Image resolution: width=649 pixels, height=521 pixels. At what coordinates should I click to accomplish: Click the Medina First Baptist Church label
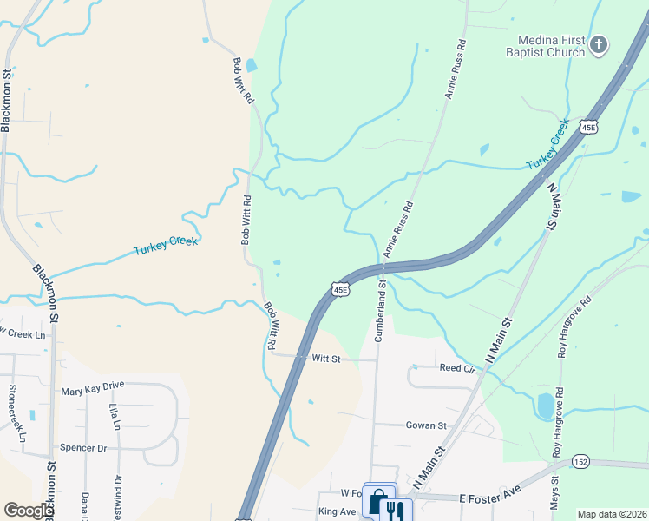click(x=551, y=46)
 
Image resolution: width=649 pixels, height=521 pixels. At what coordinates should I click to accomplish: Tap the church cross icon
click(x=600, y=45)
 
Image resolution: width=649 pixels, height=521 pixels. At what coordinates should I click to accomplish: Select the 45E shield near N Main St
click(x=589, y=127)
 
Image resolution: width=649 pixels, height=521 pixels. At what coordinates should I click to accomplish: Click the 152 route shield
click(x=581, y=462)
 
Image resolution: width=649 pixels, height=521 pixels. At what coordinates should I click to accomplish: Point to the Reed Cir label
click(x=458, y=368)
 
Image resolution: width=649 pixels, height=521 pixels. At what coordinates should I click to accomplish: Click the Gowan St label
click(x=426, y=425)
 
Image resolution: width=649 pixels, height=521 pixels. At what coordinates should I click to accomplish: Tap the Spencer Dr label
click(x=82, y=448)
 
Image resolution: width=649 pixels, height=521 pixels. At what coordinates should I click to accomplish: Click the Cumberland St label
click(x=379, y=310)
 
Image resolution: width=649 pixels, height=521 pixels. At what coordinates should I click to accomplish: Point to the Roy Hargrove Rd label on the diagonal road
click(x=574, y=327)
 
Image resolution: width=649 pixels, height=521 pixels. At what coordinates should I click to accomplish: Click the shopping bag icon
click(x=378, y=501)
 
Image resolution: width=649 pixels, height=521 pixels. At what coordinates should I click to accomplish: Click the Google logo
click(x=29, y=511)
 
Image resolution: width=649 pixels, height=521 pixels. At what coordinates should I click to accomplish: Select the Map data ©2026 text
click(x=611, y=514)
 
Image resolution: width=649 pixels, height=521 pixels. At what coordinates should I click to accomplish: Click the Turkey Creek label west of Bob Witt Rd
click(x=166, y=245)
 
